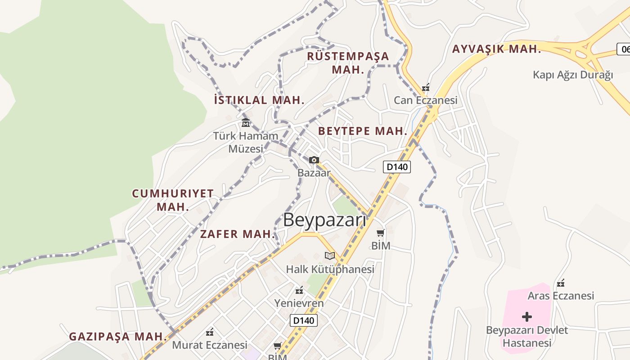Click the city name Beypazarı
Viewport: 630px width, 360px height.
324,220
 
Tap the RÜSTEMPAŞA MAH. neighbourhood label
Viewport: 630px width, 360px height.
348,63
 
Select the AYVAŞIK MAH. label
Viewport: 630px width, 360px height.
496,49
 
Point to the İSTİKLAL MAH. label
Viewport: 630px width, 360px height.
259,100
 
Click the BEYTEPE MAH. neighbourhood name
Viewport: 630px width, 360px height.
363,131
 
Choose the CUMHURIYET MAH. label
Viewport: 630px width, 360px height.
173,200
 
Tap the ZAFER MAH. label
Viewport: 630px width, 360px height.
237,234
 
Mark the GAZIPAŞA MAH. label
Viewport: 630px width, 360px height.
118,336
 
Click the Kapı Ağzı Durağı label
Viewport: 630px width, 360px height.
573,75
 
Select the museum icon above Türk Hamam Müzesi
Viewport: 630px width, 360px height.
246,122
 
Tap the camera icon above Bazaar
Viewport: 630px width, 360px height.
314,160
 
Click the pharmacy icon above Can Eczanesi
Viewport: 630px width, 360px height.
425,87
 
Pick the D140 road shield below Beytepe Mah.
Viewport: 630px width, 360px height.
396,167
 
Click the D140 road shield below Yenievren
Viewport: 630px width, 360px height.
303,320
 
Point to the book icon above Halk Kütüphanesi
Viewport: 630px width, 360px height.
330,256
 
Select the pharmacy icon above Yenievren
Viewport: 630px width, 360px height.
299,290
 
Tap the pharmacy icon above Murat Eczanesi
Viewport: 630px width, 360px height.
210,333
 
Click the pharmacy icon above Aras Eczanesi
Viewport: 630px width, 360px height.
561,283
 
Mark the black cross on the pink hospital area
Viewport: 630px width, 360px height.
527,317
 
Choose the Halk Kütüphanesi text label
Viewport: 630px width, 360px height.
330,269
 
